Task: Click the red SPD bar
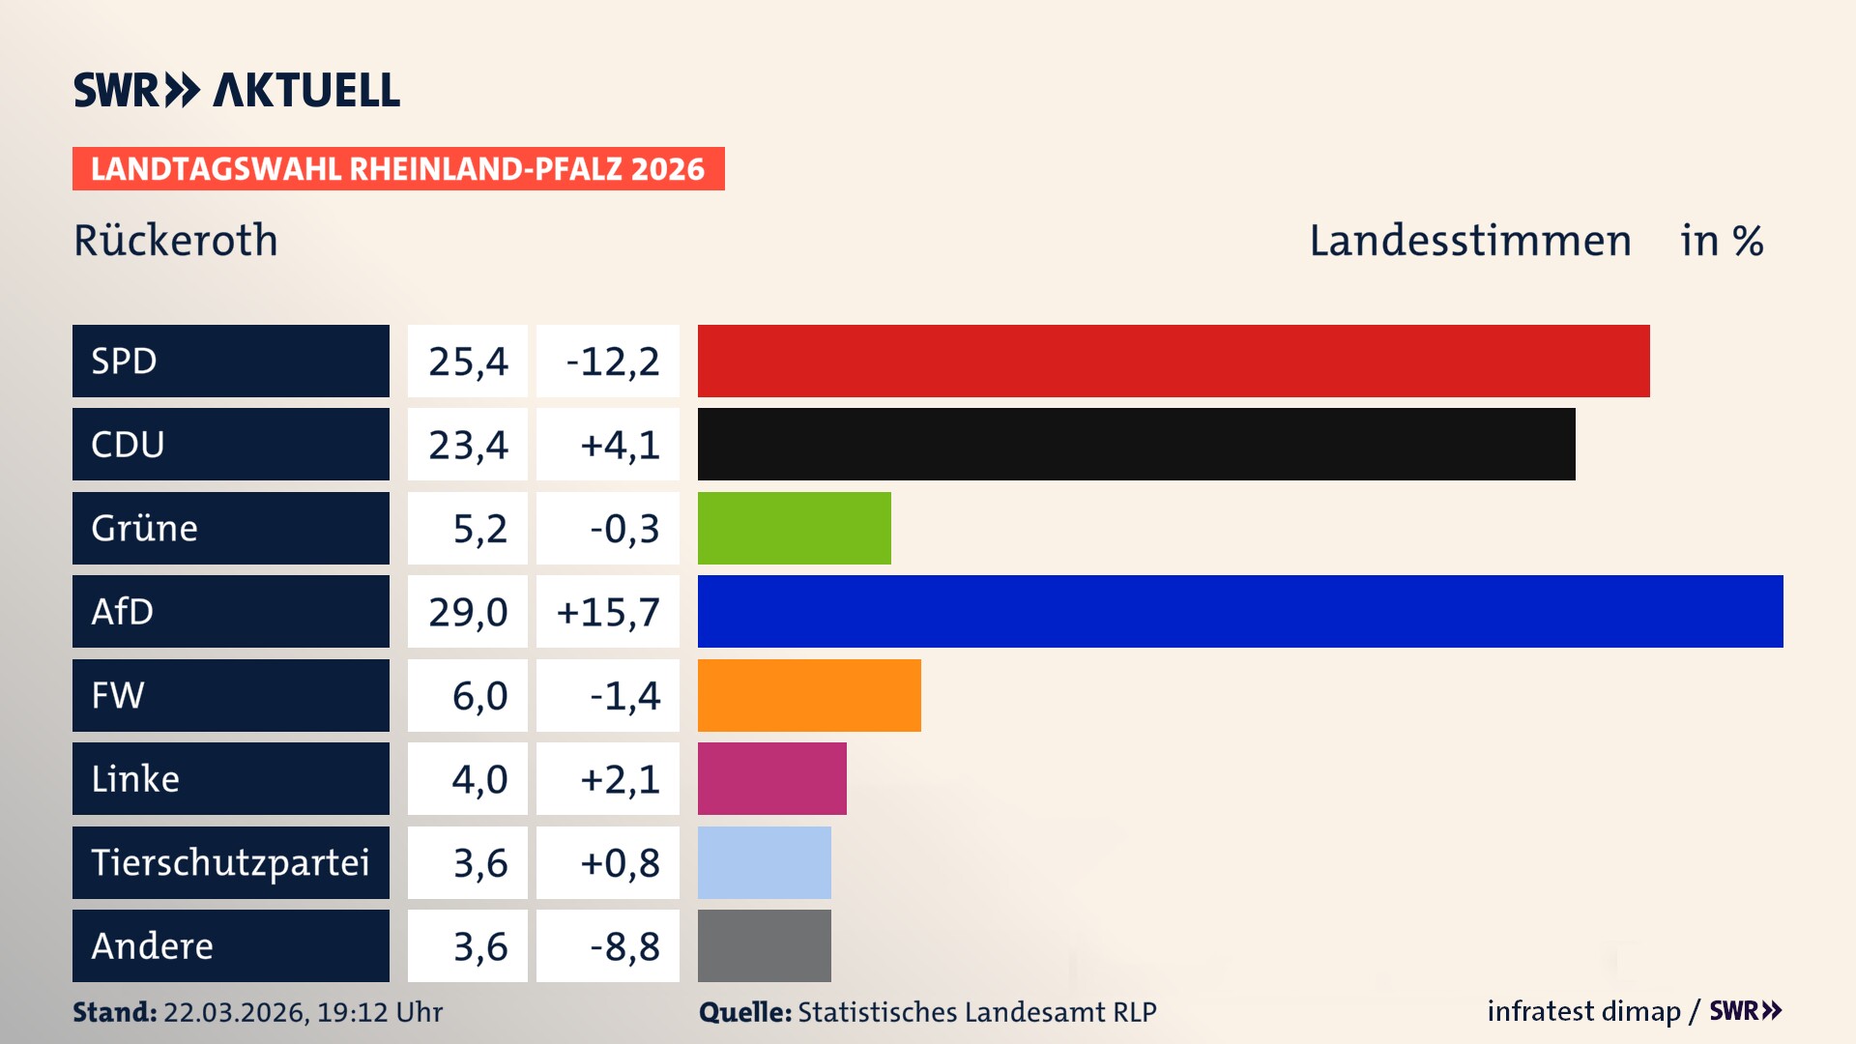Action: [1174, 361]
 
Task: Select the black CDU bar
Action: [1136, 444]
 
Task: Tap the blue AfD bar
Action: [1240, 611]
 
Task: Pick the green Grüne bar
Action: [794, 528]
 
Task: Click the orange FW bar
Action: [809, 695]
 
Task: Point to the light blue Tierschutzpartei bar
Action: [764, 862]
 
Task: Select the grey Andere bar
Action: [764, 945]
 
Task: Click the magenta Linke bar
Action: [771, 778]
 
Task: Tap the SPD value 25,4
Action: [468, 362]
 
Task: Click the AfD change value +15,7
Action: [608, 612]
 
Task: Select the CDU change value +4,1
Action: [620, 445]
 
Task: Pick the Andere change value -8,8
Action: [624, 946]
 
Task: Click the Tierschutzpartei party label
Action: [230, 862]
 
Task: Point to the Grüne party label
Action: [145, 528]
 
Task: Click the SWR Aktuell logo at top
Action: [237, 90]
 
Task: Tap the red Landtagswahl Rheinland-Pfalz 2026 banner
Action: [398, 169]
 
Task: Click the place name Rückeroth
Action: [176, 241]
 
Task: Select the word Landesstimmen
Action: [1469, 241]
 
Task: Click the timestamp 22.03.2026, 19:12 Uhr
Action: [303, 1012]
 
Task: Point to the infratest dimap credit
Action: [1582, 1011]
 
